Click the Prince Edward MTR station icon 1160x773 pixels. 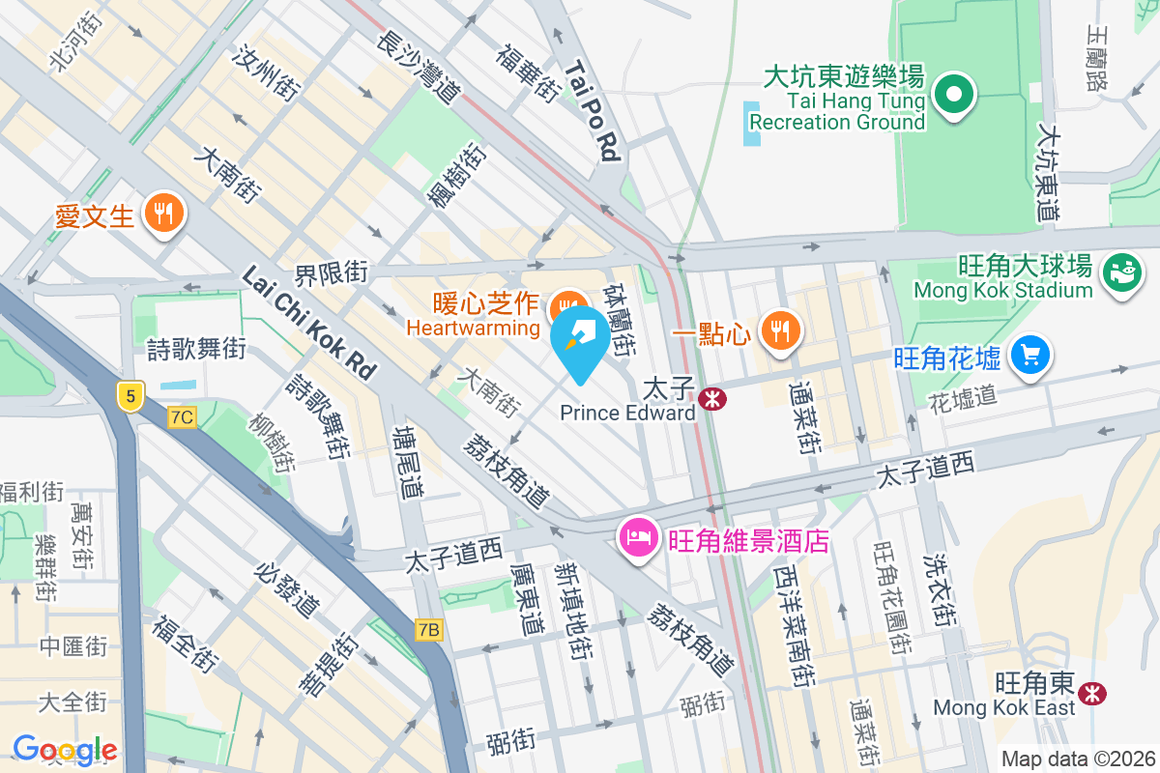tap(713, 398)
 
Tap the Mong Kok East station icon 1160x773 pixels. tap(1093, 692)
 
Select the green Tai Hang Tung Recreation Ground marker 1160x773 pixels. tap(955, 95)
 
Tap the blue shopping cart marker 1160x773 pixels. tap(1029, 356)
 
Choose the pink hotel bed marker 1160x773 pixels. tap(638, 538)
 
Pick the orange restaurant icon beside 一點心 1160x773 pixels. tap(778, 330)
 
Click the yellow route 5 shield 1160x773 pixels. tap(129, 394)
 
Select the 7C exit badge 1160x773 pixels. tap(182, 417)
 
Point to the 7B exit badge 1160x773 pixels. tap(430, 630)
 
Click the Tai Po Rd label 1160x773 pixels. tap(592, 111)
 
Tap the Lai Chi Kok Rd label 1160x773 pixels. tap(308, 323)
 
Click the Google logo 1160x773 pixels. tap(65, 749)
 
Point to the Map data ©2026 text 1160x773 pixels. tap(1078, 759)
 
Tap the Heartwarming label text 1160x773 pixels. tap(473, 328)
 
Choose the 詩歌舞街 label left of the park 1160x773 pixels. tap(196, 348)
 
